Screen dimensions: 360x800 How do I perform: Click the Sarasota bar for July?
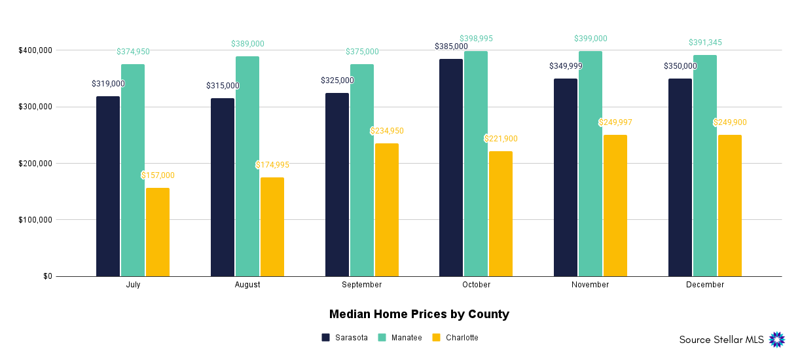pos(108,187)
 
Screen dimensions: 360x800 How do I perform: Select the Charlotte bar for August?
pos(272,226)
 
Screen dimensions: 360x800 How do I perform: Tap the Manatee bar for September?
pos(362,170)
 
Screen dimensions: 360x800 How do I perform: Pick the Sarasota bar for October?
pos(451,168)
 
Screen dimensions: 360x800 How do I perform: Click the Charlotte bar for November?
pos(615,206)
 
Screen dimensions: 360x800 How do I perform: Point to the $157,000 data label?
pos(158,175)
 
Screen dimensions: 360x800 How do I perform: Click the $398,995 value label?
pos(476,39)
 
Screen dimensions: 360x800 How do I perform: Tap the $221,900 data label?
pos(501,139)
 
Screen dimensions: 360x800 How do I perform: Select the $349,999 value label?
pos(566,66)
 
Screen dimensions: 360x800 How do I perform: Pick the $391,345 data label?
pos(705,43)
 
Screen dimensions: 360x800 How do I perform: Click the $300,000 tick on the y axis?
pos(35,107)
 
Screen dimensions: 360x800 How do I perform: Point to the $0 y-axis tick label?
pos(48,276)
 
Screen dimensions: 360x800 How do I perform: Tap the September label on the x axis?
pos(361,285)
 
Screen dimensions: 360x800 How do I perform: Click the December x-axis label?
pos(705,285)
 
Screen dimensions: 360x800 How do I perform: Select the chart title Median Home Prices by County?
pos(419,314)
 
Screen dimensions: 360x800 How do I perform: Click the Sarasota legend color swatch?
pos(325,338)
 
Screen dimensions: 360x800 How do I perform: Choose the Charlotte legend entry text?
pos(462,338)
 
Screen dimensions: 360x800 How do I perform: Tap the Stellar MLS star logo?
pos(776,339)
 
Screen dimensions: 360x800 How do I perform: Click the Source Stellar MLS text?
pos(720,340)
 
